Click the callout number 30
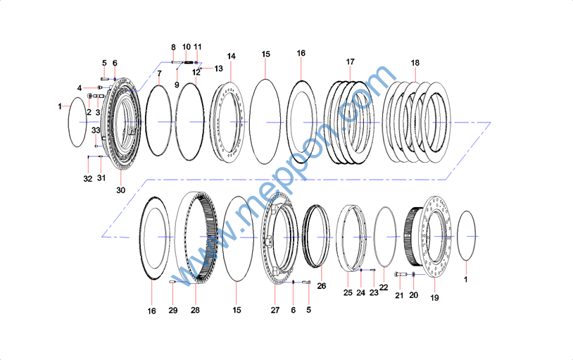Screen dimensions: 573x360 [120, 190]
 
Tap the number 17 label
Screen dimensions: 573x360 [350, 62]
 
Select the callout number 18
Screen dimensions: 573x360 [415, 63]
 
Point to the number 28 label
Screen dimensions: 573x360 [195, 310]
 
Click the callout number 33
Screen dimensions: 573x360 [96, 130]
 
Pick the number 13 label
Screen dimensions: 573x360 [218, 69]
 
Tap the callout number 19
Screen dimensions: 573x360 [434, 298]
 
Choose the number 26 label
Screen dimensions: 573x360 [322, 286]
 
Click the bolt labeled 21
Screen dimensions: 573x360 [401, 274]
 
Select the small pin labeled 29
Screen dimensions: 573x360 [172, 282]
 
